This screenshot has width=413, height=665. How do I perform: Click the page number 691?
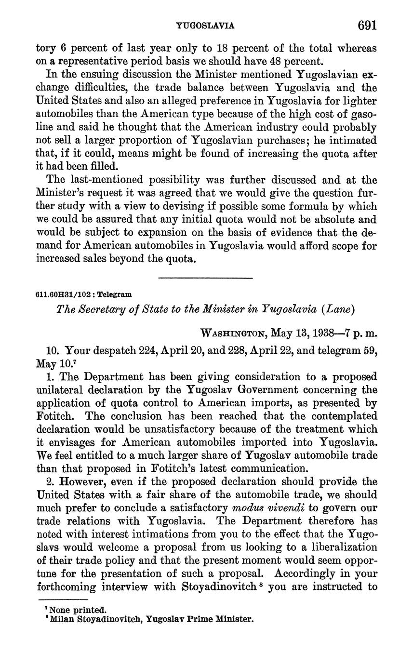367,25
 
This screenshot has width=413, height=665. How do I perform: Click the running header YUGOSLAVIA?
206,26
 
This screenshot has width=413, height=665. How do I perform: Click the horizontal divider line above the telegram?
205,278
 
